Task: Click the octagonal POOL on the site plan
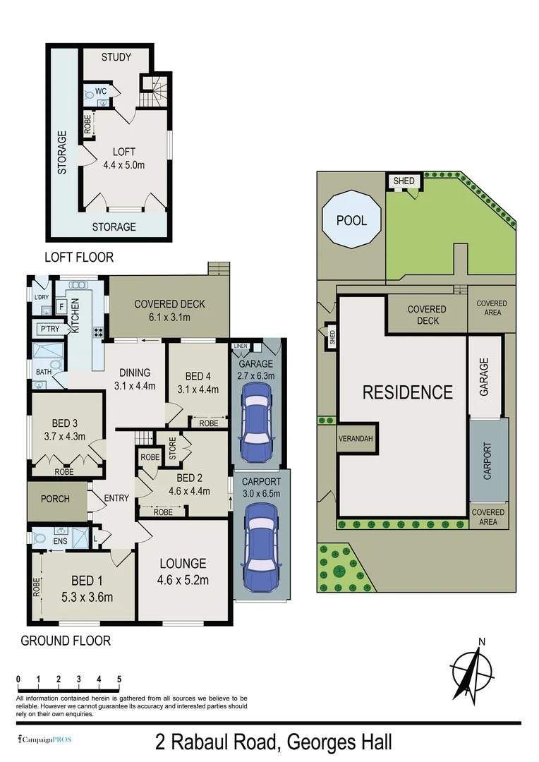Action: point(351,220)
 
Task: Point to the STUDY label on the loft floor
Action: point(116,57)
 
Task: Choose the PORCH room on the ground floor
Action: point(55,499)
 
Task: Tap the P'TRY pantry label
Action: point(49,329)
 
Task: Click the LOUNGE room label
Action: point(183,564)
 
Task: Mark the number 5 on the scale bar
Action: point(119,679)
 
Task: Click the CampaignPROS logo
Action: point(44,740)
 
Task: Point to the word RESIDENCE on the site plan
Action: point(407,392)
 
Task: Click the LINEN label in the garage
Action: point(241,346)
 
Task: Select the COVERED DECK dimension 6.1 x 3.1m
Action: point(169,317)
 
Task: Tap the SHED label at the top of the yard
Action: point(404,181)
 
